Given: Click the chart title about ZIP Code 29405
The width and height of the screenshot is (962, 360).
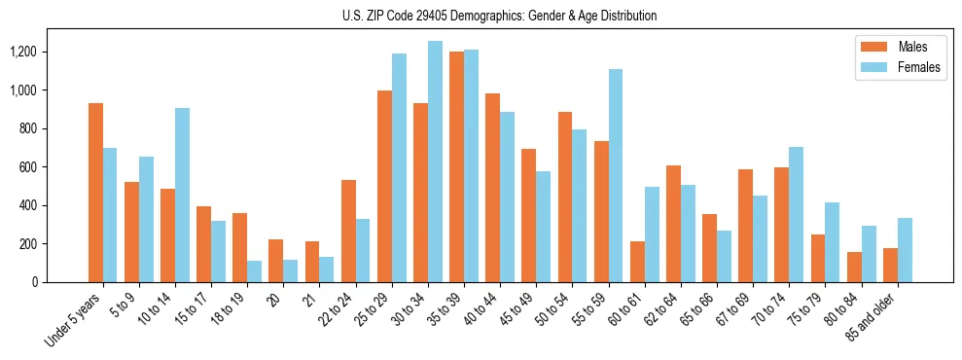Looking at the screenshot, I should (x=500, y=16).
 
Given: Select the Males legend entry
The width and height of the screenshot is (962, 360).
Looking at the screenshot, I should (x=899, y=47).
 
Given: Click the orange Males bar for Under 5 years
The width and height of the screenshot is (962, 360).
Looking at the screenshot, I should (x=95, y=193).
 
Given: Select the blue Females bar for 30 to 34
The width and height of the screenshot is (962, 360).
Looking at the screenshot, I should (x=435, y=162).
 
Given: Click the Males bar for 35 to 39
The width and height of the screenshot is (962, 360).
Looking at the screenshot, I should (x=456, y=166).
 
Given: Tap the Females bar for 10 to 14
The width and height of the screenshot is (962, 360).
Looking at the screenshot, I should (x=182, y=195).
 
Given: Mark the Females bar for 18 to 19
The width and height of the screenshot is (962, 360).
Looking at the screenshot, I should (x=254, y=271).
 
